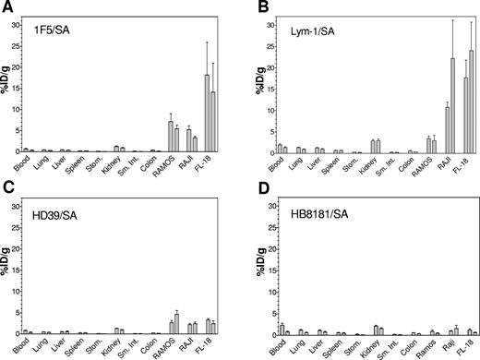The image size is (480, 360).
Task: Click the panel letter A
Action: click(x=6, y=7)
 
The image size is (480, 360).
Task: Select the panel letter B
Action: click(x=252, y=7)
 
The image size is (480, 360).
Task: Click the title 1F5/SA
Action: click(x=52, y=30)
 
